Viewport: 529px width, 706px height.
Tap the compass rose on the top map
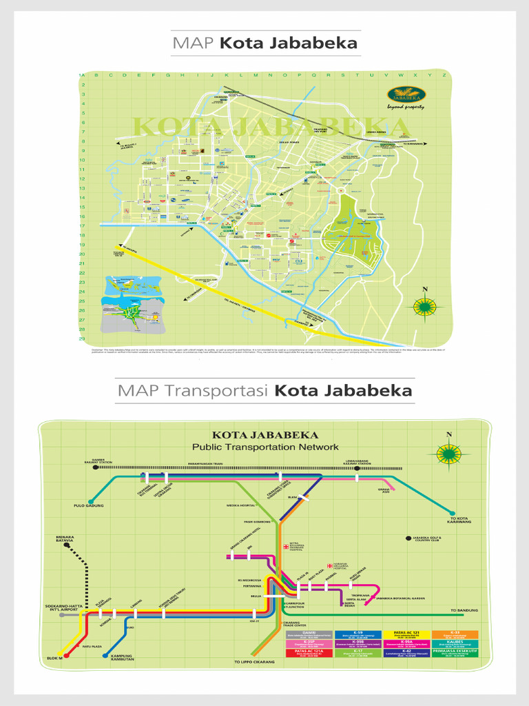click(x=425, y=305)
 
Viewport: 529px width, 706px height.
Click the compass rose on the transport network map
click(x=449, y=453)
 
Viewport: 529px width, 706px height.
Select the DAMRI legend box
click(x=309, y=634)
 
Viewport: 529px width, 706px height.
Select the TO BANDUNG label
click(x=463, y=610)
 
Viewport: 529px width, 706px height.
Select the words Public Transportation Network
click(x=265, y=447)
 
